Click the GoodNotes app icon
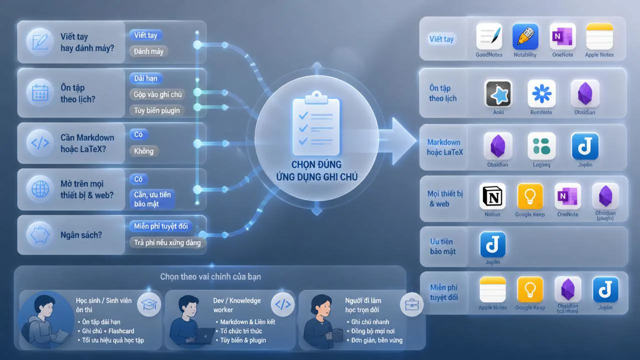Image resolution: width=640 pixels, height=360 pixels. [x=489, y=36]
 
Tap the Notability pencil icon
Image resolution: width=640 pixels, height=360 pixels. [x=525, y=36]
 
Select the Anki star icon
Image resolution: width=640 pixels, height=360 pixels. [x=498, y=94]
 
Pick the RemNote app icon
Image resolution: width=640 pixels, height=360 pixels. [x=541, y=94]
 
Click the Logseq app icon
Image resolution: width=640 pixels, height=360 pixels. [x=541, y=146]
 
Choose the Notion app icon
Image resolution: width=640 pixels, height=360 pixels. [x=492, y=196]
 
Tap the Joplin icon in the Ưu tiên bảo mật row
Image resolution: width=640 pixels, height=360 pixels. [x=492, y=245]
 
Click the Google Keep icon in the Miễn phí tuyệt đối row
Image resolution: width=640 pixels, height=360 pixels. [x=530, y=289]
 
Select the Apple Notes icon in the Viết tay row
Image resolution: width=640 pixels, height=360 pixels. [x=599, y=36]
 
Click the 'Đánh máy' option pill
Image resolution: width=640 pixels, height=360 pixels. [x=148, y=51]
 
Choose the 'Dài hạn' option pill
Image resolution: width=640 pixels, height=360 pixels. [x=145, y=78]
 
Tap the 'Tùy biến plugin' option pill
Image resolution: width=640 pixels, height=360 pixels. [x=157, y=110]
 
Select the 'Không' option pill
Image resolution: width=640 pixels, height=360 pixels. [x=143, y=151]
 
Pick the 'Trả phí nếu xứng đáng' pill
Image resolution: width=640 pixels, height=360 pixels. [x=167, y=242]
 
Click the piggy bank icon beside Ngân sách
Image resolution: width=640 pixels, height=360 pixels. [x=40, y=235]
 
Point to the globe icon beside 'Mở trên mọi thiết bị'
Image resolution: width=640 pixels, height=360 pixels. [x=40, y=189]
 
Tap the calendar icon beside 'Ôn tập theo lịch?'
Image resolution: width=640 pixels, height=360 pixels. [x=40, y=92]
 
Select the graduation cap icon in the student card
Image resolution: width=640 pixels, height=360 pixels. [x=149, y=304]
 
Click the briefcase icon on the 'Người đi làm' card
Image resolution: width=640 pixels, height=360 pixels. [x=411, y=304]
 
